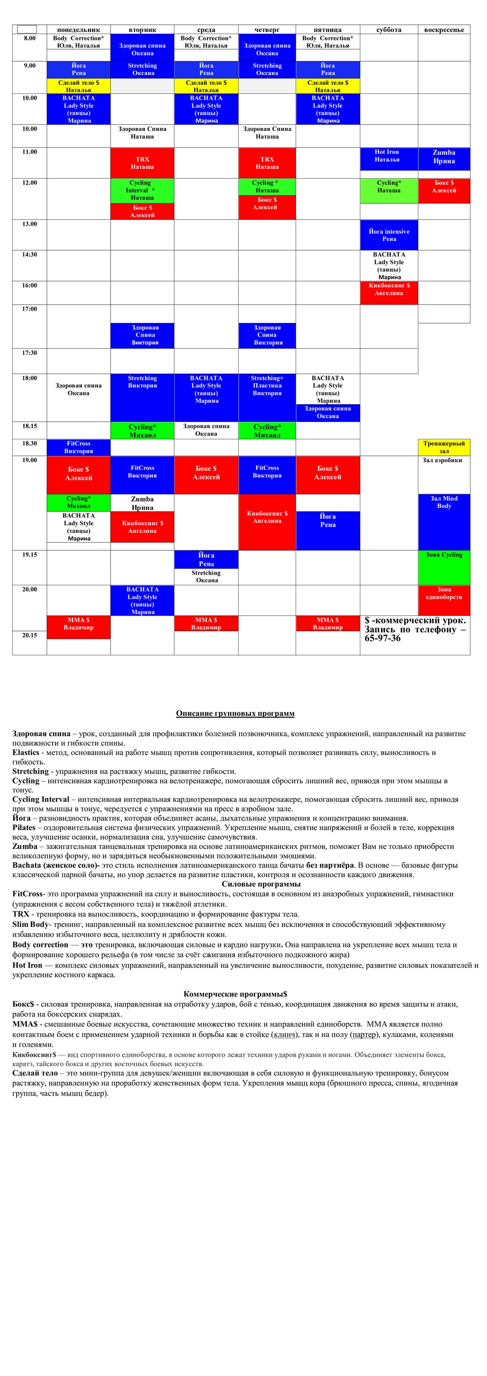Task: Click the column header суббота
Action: [x=389, y=30]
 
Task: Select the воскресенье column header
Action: [x=444, y=30]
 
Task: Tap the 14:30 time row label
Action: [x=29, y=255]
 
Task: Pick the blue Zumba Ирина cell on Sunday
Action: [x=444, y=159]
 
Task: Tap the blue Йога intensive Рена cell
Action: [x=389, y=235]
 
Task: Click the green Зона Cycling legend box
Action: [x=444, y=567]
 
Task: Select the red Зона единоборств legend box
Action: [x=444, y=600]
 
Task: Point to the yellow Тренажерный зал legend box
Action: [x=444, y=447]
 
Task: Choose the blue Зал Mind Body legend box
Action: [x=444, y=521]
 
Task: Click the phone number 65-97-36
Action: [x=382, y=638]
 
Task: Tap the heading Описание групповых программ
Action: [x=235, y=714]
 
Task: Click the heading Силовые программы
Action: [x=261, y=884]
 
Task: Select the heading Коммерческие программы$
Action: [x=235, y=994]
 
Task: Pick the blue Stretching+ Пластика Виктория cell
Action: [x=267, y=397]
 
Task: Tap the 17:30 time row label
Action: [x=29, y=353]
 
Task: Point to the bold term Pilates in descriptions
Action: [x=24, y=828]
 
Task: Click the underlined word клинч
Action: [x=284, y=1034]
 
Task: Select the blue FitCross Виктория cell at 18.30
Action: [x=78, y=447]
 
